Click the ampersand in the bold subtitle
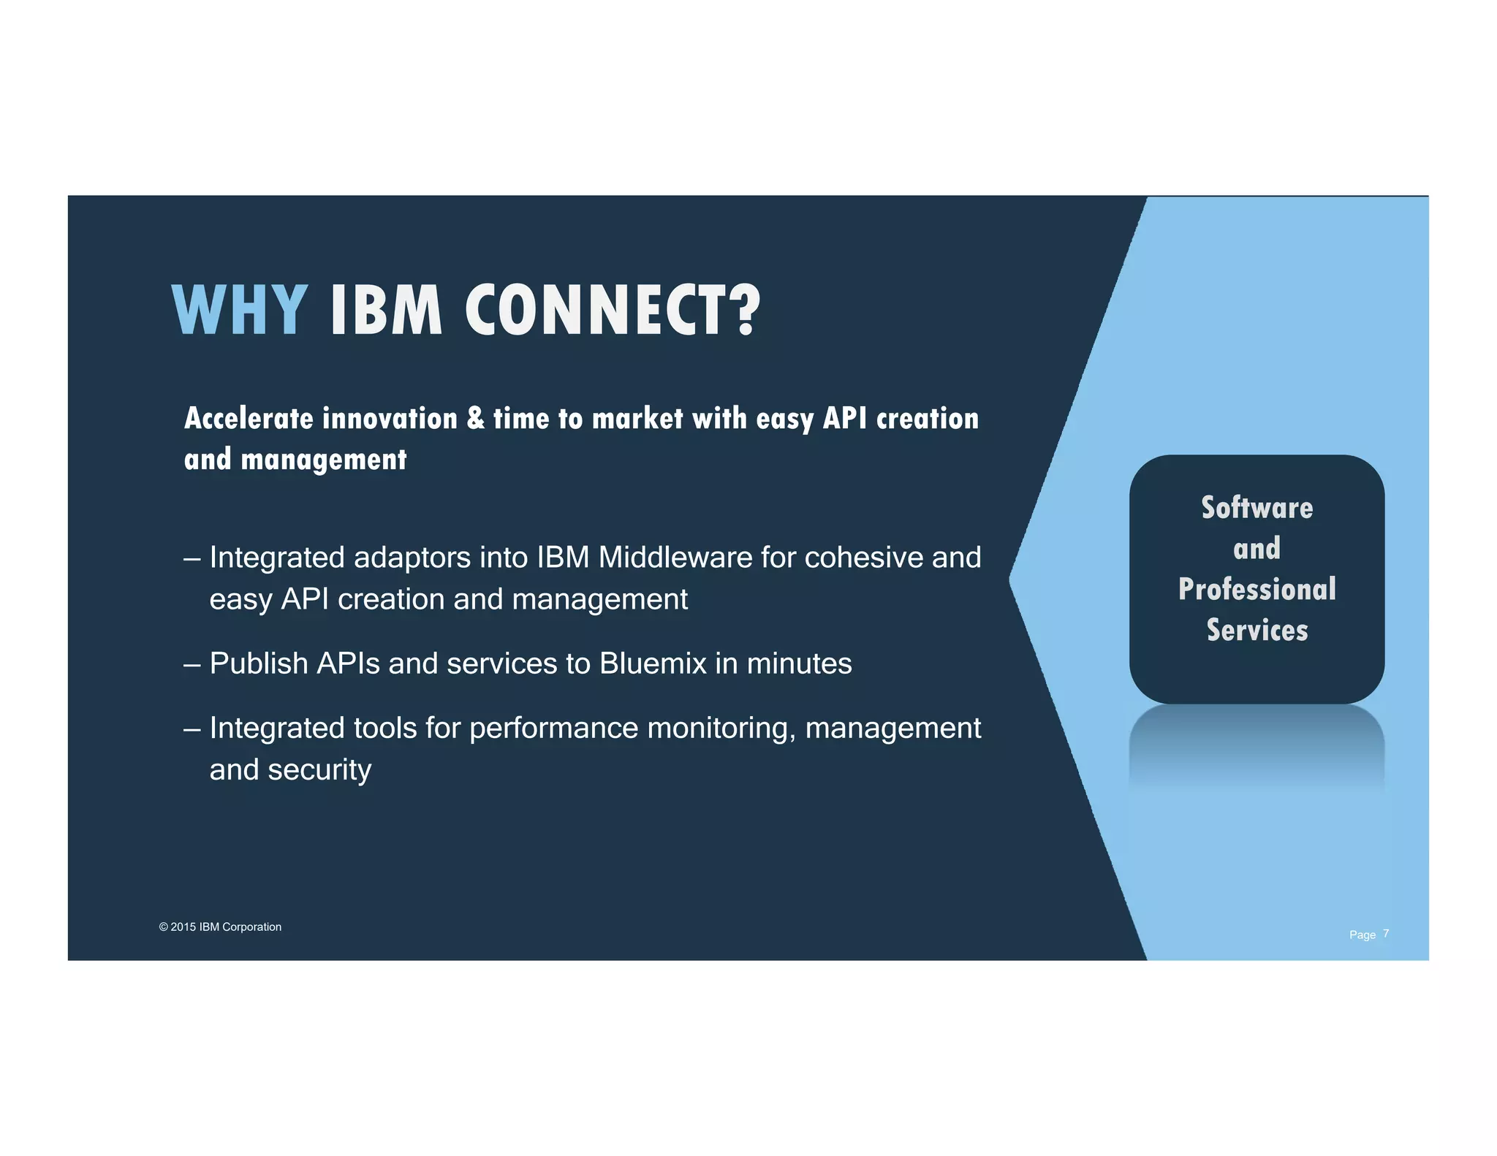pyautogui.click(x=475, y=418)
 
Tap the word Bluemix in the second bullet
pyautogui.click(x=653, y=663)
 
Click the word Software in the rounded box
pyautogui.click(x=1257, y=508)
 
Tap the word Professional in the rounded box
pyautogui.click(x=1257, y=589)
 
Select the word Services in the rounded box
pyautogui.click(x=1257, y=630)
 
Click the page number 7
pyautogui.click(x=1386, y=933)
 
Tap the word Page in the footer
pyautogui.click(x=1362, y=935)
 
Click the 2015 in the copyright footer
pyautogui.click(x=183, y=927)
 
